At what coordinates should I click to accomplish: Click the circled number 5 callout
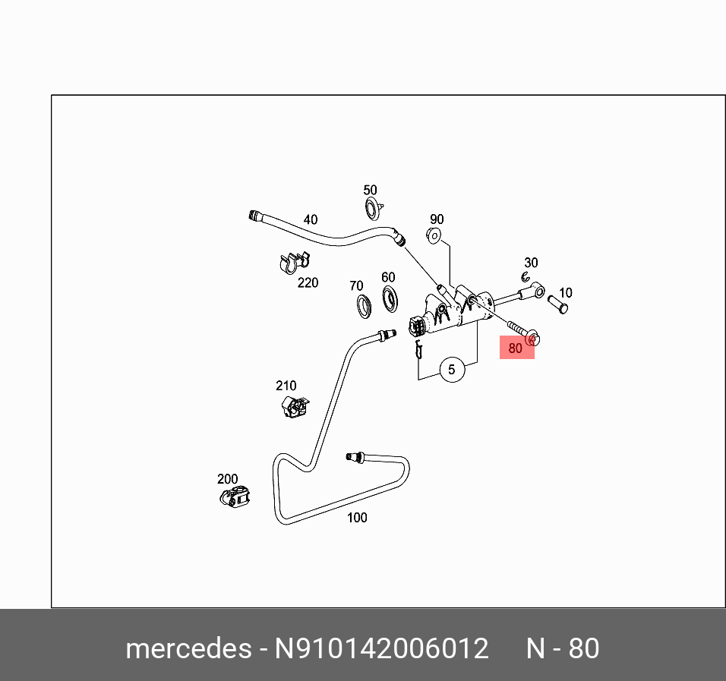[452, 370]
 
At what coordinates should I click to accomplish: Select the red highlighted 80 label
[516, 348]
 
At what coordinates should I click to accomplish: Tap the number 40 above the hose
[311, 220]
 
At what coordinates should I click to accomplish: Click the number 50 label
[370, 191]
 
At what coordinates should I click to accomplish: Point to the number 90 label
[437, 219]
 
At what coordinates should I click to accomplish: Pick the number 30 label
[531, 263]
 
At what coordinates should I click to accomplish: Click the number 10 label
[565, 292]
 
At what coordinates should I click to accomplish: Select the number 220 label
[308, 282]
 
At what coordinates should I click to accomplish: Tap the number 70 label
[356, 286]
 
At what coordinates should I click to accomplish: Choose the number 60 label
[388, 277]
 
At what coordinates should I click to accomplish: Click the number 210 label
[286, 386]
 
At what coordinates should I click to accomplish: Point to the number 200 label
[228, 479]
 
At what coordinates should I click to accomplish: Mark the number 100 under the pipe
[357, 518]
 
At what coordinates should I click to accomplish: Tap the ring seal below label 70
[363, 305]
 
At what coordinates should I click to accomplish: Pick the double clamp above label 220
[292, 263]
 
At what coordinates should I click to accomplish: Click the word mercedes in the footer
[188, 649]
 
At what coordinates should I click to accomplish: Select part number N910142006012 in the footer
[381, 649]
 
